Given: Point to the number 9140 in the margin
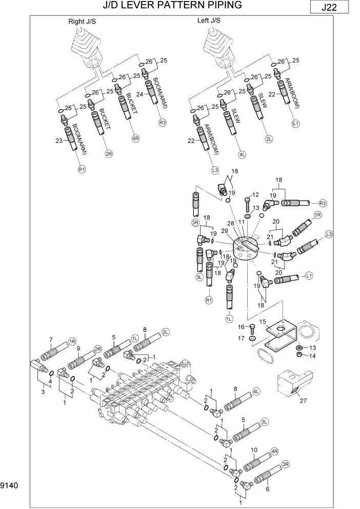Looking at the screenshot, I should point(9,485).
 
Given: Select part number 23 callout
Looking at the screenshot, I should point(58,141).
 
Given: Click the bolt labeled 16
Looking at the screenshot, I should point(252,328).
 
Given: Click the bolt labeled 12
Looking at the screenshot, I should point(248,205).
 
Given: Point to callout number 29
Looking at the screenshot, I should point(224,232).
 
